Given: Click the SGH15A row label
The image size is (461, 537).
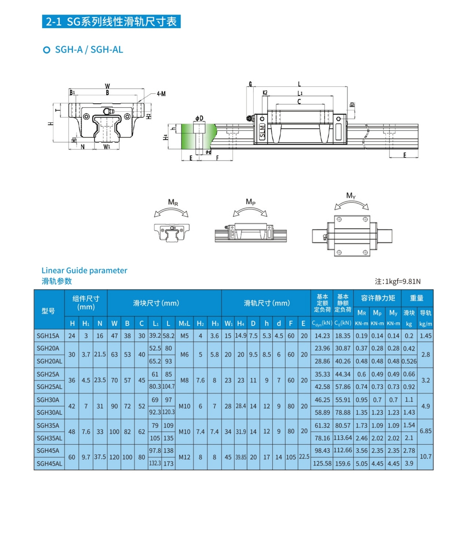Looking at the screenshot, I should [48, 336].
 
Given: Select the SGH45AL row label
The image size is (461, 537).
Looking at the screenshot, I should [49, 463].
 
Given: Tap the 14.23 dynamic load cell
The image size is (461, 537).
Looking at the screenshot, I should [322, 336].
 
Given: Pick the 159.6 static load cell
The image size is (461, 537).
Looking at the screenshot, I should [343, 463].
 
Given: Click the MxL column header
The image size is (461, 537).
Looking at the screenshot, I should [184, 324].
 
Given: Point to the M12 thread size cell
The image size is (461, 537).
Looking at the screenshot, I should [184, 457].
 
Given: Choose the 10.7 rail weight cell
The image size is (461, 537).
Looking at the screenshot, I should [425, 457].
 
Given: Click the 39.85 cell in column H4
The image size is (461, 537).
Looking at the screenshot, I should [241, 457].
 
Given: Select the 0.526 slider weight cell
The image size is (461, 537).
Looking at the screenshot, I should [409, 361].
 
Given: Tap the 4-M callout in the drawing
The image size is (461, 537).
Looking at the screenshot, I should [161, 94].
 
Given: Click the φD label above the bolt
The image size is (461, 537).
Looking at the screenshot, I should [199, 118].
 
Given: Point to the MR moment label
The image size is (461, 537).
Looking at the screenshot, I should [173, 203].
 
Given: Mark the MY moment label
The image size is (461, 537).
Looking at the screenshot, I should [351, 196].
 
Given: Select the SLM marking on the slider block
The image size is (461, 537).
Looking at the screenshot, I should [262, 132].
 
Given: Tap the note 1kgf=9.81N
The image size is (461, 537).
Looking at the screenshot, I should [398, 281].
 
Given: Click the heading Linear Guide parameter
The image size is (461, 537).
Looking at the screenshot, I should [84, 270].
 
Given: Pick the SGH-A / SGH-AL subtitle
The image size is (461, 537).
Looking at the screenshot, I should [89, 50].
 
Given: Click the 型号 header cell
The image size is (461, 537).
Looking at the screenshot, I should [48, 311].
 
